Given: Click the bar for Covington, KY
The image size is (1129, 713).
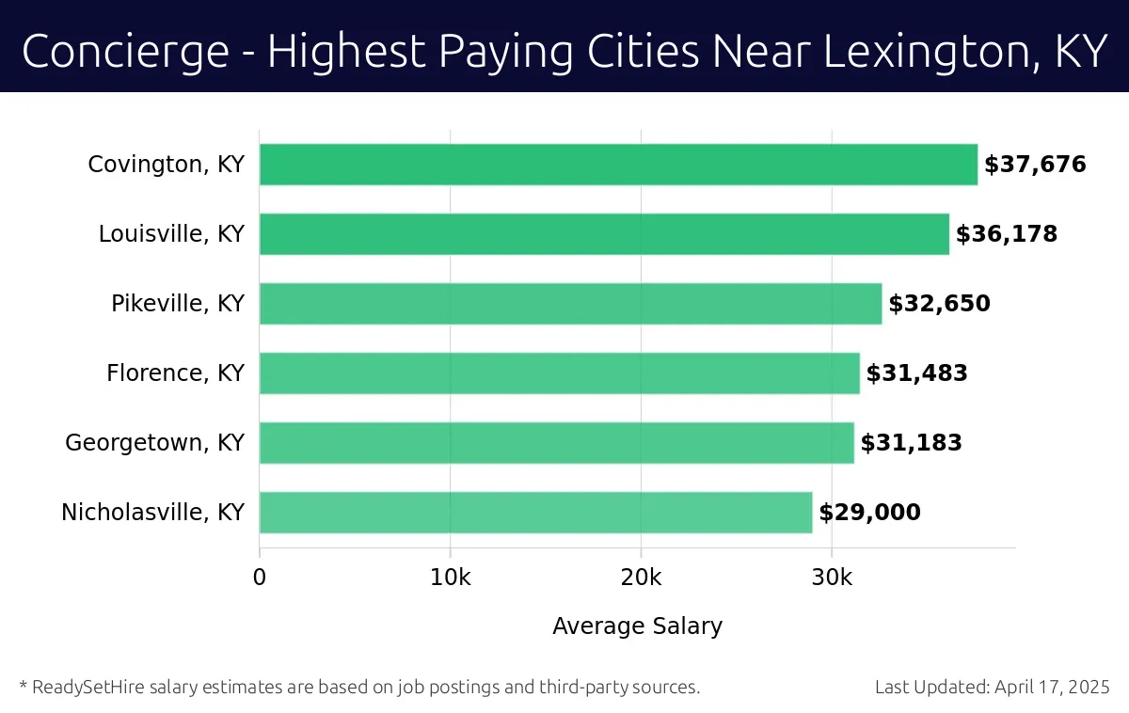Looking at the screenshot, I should click(x=618, y=165).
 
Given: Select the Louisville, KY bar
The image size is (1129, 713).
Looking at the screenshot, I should click(x=604, y=234).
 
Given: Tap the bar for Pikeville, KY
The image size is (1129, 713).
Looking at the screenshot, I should click(x=570, y=304).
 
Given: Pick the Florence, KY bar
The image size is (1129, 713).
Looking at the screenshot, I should click(x=559, y=373).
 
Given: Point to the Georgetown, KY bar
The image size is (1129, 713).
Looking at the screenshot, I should click(x=556, y=443).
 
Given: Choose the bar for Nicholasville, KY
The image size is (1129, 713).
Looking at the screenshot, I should click(x=535, y=513).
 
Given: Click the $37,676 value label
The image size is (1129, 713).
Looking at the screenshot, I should click(x=1035, y=165).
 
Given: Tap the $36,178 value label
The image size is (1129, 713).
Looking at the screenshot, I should click(x=1007, y=234).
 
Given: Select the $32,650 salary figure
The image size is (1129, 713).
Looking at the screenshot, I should click(x=939, y=304).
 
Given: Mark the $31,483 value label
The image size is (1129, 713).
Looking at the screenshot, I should click(x=916, y=373).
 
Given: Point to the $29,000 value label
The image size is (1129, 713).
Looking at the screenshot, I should click(x=869, y=513).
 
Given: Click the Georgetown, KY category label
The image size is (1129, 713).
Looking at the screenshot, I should click(x=154, y=443).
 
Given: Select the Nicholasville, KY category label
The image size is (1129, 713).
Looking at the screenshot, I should click(x=152, y=513).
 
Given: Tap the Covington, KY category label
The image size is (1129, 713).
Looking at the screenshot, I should click(x=166, y=165).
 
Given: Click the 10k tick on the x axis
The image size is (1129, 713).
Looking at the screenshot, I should click(x=450, y=577).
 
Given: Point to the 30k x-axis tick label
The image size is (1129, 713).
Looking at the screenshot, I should click(x=832, y=577).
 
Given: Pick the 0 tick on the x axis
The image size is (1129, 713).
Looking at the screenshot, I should click(x=260, y=577).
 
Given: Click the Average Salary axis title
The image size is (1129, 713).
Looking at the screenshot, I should click(x=637, y=626).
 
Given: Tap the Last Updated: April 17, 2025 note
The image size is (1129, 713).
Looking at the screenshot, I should click(x=992, y=688).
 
